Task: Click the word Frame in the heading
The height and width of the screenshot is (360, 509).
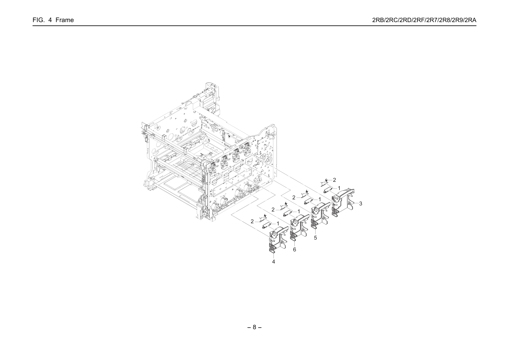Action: [65, 20]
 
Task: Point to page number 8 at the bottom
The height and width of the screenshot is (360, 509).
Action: [254, 327]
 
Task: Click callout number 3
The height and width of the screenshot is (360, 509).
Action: [361, 204]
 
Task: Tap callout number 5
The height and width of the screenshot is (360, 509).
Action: [315, 238]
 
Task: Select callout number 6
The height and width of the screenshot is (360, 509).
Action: [294, 250]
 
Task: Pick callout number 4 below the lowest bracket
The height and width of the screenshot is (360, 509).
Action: [274, 262]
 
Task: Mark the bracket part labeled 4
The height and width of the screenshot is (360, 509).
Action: [279, 240]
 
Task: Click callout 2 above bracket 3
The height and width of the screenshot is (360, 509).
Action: [335, 180]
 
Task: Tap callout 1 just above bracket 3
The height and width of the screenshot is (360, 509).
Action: [339, 188]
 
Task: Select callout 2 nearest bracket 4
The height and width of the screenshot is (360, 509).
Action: [252, 221]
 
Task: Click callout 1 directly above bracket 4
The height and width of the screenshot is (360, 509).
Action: [278, 224]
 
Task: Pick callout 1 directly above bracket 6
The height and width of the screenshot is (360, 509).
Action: [299, 211]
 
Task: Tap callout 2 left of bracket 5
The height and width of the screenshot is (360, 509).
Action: [294, 198]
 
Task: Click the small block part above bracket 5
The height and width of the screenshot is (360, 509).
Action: [308, 201]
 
